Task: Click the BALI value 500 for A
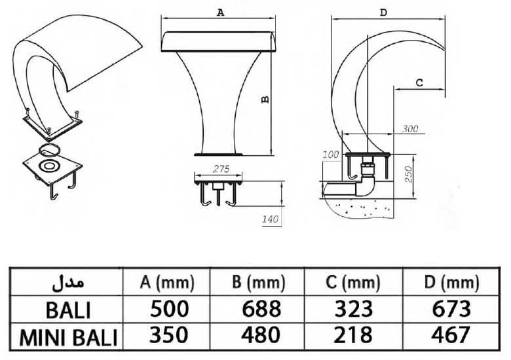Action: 169,308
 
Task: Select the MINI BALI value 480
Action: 260,335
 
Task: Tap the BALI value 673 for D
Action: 451,308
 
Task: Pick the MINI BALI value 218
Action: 353,335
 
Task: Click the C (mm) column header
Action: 352,282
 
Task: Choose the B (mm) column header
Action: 258,282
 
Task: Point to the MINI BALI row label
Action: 68,338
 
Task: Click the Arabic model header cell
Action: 68,283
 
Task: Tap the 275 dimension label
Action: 221,169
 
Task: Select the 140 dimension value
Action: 271,219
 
